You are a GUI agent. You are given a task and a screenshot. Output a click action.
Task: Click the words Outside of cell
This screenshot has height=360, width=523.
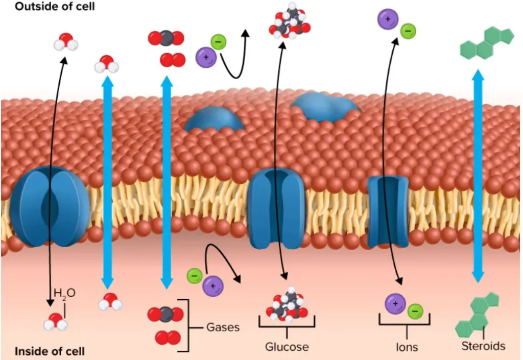pyautogui.click(x=55, y=8)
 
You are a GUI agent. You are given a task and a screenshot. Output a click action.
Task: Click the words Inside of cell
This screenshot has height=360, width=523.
pyautogui.click(x=50, y=351)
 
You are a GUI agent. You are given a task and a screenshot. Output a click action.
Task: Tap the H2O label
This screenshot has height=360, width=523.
pyautogui.click(x=64, y=293)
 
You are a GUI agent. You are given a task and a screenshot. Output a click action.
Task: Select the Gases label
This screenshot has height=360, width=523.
pyautogui.click(x=223, y=327)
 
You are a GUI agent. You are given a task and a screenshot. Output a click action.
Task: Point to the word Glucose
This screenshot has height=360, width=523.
pyautogui.click(x=287, y=347)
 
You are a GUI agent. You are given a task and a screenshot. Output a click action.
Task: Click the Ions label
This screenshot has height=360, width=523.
pyautogui.click(x=407, y=347)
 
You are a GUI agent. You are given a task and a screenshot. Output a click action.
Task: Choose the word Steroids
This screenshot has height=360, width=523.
pyautogui.click(x=483, y=346)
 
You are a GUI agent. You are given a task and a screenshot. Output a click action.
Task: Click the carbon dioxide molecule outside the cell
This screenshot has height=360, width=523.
pyautogui.click(x=165, y=38)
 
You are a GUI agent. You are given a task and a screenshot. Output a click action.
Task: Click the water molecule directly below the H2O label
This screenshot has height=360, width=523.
pyautogui.click(x=55, y=322)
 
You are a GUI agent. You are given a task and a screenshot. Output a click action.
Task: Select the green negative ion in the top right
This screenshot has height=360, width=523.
pyautogui.click(x=408, y=32)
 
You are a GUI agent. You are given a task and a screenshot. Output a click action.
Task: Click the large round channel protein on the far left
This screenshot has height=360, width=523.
pyautogui.click(x=50, y=206)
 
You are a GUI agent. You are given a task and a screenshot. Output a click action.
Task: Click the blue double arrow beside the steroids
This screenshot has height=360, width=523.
pyautogui.click(x=478, y=176)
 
